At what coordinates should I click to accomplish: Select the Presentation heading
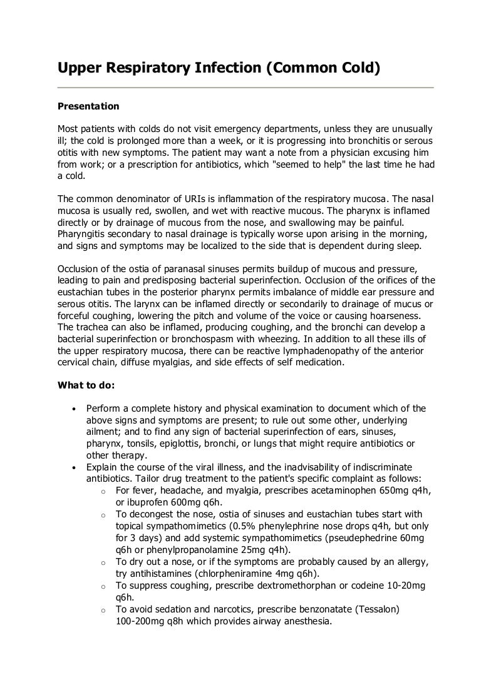coord(88,106)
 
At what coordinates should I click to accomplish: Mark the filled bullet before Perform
coord(75,409)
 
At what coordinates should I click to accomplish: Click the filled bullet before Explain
coord(75,467)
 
